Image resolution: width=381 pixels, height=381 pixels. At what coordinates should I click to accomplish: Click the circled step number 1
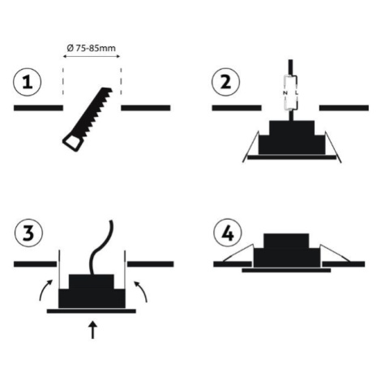[27, 82]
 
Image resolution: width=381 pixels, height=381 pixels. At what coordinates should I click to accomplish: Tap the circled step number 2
[225, 82]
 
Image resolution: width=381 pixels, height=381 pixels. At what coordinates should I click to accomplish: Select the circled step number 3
[28, 233]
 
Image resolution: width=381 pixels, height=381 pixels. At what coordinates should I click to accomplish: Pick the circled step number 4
[228, 233]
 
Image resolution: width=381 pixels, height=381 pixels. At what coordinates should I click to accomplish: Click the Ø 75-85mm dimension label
[91, 48]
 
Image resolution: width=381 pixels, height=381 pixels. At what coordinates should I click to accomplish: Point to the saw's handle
[72, 143]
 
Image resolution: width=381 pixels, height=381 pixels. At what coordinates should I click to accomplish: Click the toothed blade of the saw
[95, 111]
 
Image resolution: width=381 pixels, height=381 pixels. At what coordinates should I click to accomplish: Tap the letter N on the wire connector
[285, 92]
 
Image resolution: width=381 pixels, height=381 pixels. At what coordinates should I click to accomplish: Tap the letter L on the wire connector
[297, 92]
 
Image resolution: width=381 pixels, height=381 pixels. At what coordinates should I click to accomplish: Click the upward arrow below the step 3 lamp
[92, 330]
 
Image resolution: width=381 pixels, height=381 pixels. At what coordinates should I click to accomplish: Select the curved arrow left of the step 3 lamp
[45, 289]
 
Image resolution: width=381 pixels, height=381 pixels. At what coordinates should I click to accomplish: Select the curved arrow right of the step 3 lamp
[142, 291]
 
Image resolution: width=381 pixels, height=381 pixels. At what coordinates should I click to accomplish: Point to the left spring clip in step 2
[250, 147]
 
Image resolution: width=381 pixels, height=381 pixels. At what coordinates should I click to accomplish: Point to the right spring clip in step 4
[335, 253]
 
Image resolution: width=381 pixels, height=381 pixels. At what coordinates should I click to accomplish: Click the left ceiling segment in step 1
[38, 108]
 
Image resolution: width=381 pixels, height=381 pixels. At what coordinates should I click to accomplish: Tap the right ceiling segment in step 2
[344, 108]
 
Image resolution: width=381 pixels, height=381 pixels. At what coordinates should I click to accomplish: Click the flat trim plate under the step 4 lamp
[286, 270]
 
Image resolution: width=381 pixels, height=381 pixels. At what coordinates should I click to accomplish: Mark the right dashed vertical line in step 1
[121, 81]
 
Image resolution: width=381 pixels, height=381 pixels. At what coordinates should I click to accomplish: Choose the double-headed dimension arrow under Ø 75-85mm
[92, 57]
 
